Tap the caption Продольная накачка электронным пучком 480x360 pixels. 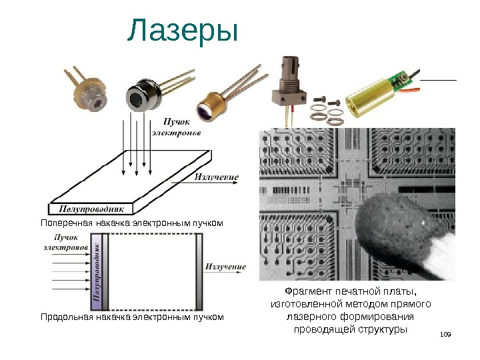coord(131,317)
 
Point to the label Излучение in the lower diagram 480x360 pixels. coord(225,267)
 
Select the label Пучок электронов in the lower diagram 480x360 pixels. coord(65,241)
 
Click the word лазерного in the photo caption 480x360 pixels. coord(307,317)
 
